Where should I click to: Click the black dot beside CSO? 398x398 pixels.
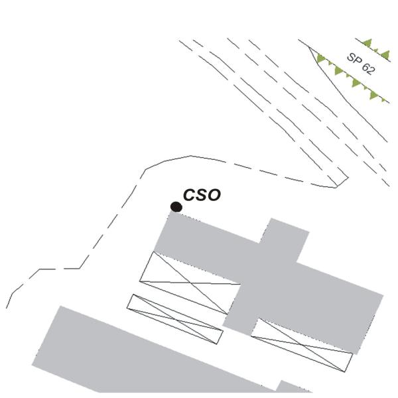176,207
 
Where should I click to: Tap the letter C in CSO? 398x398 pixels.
190,195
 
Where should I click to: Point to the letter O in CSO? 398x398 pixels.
213,195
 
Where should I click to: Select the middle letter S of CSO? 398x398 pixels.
201,195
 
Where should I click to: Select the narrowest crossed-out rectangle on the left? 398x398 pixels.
175,319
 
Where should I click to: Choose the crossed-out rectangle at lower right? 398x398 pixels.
302,345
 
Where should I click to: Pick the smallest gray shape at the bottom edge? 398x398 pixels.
292,387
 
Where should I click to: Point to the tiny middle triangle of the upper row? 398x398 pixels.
375,51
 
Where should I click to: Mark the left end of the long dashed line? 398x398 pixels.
7,308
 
